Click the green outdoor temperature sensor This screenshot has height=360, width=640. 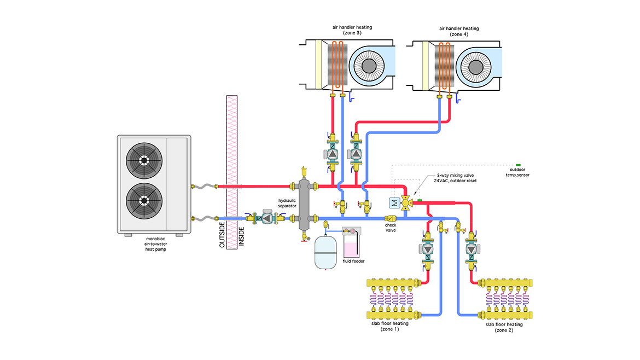[x=519, y=165]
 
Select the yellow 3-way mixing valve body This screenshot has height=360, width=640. [x=406, y=203]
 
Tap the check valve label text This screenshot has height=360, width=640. [x=390, y=228]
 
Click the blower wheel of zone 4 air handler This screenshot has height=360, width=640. [x=476, y=65]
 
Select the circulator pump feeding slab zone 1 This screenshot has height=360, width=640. [x=428, y=249]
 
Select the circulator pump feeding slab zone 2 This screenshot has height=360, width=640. [x=471, y=249]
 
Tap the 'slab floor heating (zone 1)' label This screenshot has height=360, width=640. [x=396, y=327]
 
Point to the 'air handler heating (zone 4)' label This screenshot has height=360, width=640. [x=458, y=31]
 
